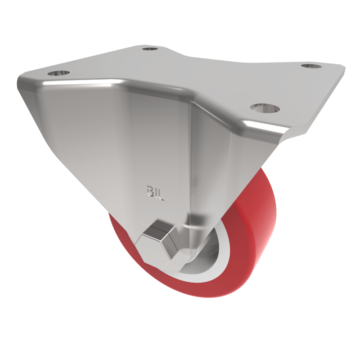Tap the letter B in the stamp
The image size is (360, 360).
tap(149, 190)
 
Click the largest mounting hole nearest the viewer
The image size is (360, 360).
tap(265, 108)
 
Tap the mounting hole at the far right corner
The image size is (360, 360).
tap(310, 66)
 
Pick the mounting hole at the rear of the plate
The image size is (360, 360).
tap(150, 48)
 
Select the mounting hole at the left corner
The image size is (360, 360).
tap(58, 72)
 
